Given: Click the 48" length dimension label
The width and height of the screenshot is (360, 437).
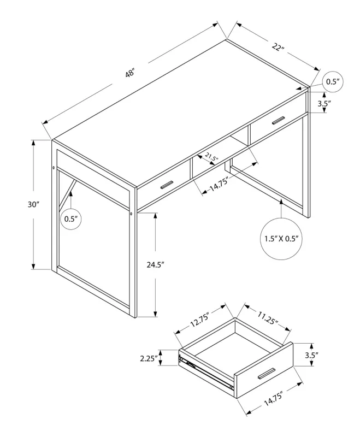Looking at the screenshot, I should point(129,74).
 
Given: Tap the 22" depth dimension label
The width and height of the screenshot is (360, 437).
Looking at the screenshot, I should point(278,48).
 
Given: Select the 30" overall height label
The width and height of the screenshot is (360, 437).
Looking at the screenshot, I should point(34,204).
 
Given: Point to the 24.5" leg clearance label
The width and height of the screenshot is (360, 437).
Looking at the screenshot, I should point(155,264).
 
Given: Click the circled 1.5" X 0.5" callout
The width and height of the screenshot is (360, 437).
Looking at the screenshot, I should point(281,239).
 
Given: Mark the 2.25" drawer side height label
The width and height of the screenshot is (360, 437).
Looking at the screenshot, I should point(149,358).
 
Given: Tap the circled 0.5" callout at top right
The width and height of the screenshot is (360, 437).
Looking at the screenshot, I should point(333,82).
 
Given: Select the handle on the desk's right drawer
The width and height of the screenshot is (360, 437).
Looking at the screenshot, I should point(279,120).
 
